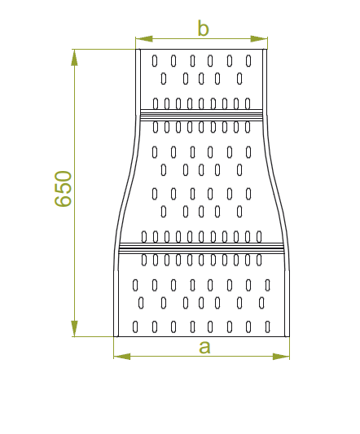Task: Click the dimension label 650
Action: click(x=64, y=189)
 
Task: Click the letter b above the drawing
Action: click(x=204, y=28)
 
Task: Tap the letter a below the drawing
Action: click(x=204, y=348)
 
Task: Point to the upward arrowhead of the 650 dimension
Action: click(x=74, y=58)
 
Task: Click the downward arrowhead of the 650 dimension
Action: click(x=74, y=328)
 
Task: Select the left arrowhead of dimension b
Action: click(x=144, y=39)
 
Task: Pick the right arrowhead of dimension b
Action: click(x=259, y=39)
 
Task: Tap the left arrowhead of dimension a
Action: click(x=122, y=357)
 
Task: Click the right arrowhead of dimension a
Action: click(x=281, y=357)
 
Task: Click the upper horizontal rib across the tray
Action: click(x=201, y=115)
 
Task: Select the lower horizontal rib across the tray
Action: click(x=201, y=248)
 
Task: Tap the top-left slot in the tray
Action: click(x=155, y=61)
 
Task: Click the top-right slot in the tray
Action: click(x=248, y=61)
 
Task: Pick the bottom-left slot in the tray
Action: click(x=135, y=327)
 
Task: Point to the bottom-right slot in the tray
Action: click(x=267, y=327)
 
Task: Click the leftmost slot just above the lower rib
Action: click(x=144, y=237)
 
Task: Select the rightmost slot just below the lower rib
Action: click(x=259, y=261)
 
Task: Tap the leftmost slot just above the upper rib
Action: click(x=156, y=103)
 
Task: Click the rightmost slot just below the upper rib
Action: click(x=248, y=127)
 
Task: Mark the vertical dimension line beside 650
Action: click(x=74, y=193)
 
